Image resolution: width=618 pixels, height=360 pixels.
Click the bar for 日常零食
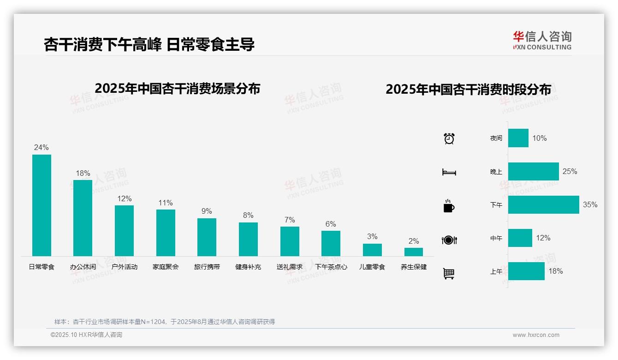[42, 205]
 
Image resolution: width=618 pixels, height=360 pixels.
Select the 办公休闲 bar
[83, 218]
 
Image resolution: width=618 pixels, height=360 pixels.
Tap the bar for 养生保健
[414, 252]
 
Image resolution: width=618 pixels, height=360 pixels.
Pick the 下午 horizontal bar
[543, 204]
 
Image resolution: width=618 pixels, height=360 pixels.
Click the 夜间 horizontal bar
[518, 138]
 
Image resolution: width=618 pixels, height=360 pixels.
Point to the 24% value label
[41, 148]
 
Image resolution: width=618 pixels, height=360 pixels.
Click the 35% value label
[590, 204]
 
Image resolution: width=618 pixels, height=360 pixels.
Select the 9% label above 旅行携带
[207, 211]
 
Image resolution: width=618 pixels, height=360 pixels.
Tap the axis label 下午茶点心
[331, 267]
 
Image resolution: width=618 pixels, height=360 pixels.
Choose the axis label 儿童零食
[372, 267]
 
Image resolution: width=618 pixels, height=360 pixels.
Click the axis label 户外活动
[124, 267]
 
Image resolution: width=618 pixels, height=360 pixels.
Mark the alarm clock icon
[449, 138]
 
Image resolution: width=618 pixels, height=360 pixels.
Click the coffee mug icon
[449, 206]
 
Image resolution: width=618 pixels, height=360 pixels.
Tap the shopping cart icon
[449, 273]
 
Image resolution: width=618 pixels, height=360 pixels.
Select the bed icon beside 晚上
[449, 172]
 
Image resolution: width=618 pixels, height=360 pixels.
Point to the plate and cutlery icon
[449, 240]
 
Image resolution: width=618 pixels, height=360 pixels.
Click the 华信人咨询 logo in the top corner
[542, 41]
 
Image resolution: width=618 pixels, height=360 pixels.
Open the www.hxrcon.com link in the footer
[536, 335]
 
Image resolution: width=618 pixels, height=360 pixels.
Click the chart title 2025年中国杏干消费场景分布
[178, 89]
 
